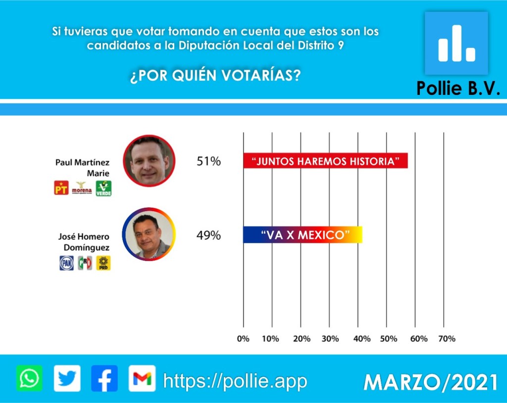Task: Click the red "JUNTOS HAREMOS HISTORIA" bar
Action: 325,161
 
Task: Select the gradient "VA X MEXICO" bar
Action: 303,234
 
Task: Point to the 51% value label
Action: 208,161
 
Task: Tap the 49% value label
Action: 208,235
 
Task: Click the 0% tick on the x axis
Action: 243,339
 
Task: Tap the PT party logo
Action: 61,188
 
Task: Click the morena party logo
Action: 82,188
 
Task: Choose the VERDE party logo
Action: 103,188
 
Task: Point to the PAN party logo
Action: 66,263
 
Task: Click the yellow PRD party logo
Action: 103,263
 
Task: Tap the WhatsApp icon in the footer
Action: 29,379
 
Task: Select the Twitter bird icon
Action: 67,379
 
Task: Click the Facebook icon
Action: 104,379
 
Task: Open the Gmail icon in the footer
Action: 142,379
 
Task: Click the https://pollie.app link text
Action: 235,381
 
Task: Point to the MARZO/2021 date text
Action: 430,382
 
